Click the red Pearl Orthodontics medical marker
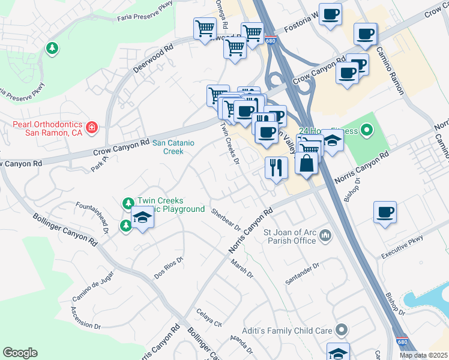click(91, 127)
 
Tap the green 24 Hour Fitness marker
click(367, 129)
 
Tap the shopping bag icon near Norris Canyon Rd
click(306, 163)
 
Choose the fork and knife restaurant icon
click(276, 167)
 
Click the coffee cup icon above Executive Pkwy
click(385, 211)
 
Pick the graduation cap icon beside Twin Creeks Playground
click(142, 217)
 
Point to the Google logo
click(20, 353)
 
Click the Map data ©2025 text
click(423, 355)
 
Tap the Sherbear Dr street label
click(226, 220)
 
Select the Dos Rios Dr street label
click(168, 268)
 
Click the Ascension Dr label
click(85, 318)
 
